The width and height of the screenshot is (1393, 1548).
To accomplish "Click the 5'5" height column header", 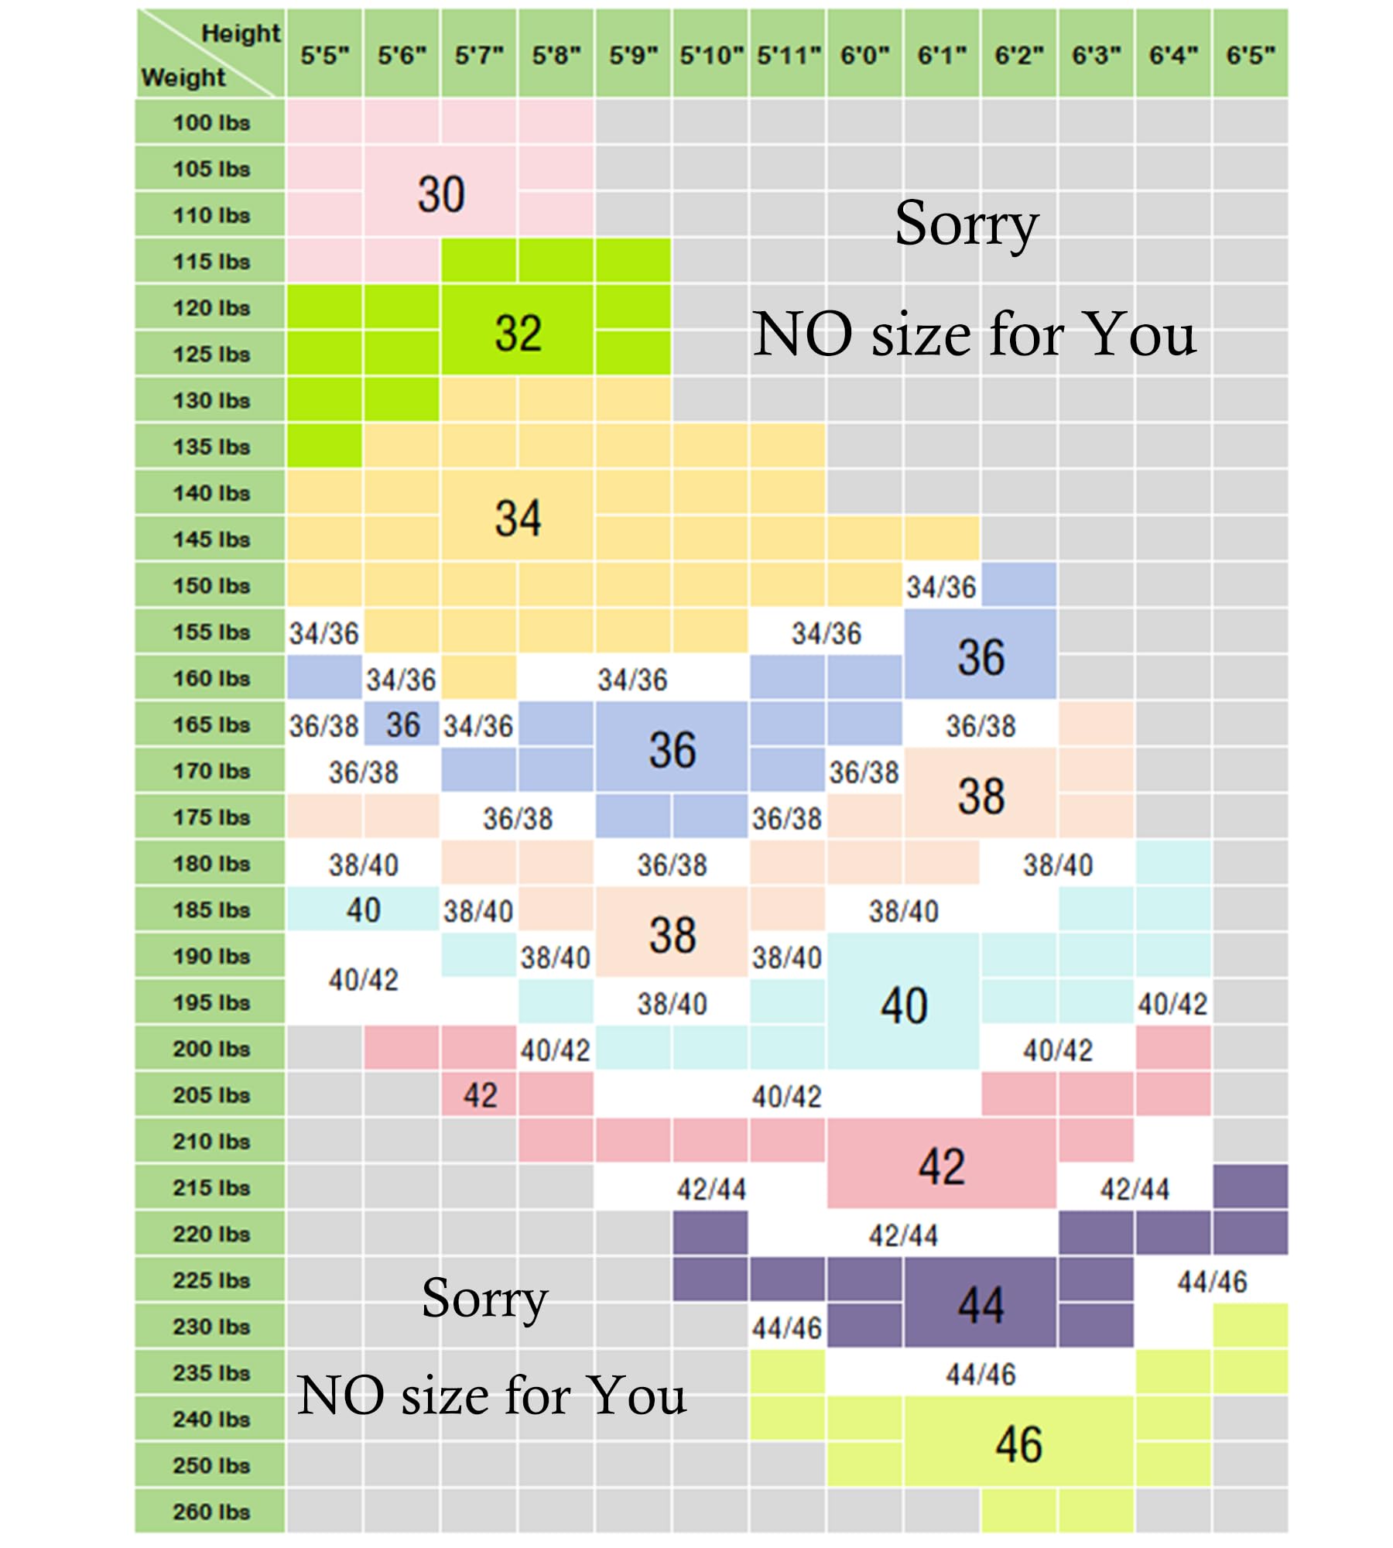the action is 325,55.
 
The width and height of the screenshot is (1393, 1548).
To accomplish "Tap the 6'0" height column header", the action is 865,55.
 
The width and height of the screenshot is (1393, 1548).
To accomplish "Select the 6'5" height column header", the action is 1251,55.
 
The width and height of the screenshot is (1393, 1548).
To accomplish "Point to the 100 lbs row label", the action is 211,122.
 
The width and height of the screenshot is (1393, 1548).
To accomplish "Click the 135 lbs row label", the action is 211,447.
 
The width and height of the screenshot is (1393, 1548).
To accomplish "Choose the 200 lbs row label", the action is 211,1049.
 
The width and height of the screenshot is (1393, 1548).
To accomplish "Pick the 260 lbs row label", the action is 211,1512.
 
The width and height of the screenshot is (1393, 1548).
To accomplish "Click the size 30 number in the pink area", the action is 441,193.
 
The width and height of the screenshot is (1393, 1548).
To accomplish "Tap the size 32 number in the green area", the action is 518,333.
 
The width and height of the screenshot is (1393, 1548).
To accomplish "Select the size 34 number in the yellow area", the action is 518,518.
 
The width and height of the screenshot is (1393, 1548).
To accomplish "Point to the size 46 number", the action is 1018,1444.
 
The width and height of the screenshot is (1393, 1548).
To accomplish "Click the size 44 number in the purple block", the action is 981,1305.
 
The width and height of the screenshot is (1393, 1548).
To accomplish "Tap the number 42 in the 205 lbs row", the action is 480,1095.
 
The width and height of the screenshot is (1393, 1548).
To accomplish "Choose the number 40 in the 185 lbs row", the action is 363,910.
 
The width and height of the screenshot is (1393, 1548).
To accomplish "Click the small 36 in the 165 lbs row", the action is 402,725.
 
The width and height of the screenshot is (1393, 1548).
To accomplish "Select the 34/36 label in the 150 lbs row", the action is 941,587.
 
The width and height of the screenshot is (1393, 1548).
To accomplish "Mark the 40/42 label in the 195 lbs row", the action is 1172,1005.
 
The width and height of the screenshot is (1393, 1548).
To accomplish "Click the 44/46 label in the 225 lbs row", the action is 1212,1283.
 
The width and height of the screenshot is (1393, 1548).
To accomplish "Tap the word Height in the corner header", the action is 241,33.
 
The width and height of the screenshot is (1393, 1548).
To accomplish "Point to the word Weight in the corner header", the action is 183,77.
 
